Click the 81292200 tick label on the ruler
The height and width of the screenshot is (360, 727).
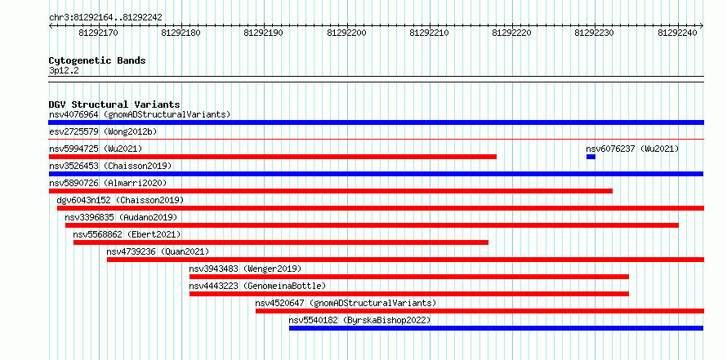tap(346, 33)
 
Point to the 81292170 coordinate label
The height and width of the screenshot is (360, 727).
tap(98, 33)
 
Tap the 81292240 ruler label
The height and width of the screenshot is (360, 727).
tap(677, 33)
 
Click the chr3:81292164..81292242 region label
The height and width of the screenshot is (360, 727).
tap(105, 17)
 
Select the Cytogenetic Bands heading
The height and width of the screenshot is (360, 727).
tap(97, 60)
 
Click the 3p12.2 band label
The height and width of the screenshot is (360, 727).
tap(64, 70)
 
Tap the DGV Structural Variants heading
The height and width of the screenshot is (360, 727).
tap(114, 104)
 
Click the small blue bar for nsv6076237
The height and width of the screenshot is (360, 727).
tap(591, 157)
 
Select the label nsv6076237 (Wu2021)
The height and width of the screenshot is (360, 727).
tap(632, 149)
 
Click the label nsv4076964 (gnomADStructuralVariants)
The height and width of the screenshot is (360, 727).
tap(140, 114)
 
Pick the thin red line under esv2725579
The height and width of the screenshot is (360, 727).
tap(377, 139)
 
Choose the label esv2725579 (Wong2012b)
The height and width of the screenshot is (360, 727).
tap(103, 131)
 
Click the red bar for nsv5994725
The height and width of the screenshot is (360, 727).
tap(273, 157)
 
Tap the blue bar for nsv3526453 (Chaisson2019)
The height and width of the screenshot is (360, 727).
tap(376, 174)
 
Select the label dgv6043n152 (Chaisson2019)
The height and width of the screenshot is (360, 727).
tap(121, 200)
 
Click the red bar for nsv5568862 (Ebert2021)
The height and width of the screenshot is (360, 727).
tap(281, 242)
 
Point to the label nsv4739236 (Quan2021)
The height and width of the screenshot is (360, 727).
tap(158, 251)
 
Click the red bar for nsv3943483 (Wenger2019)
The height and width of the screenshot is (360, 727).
tap(409, 277)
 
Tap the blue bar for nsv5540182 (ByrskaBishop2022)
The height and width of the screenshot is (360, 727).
tap(496, 328)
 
